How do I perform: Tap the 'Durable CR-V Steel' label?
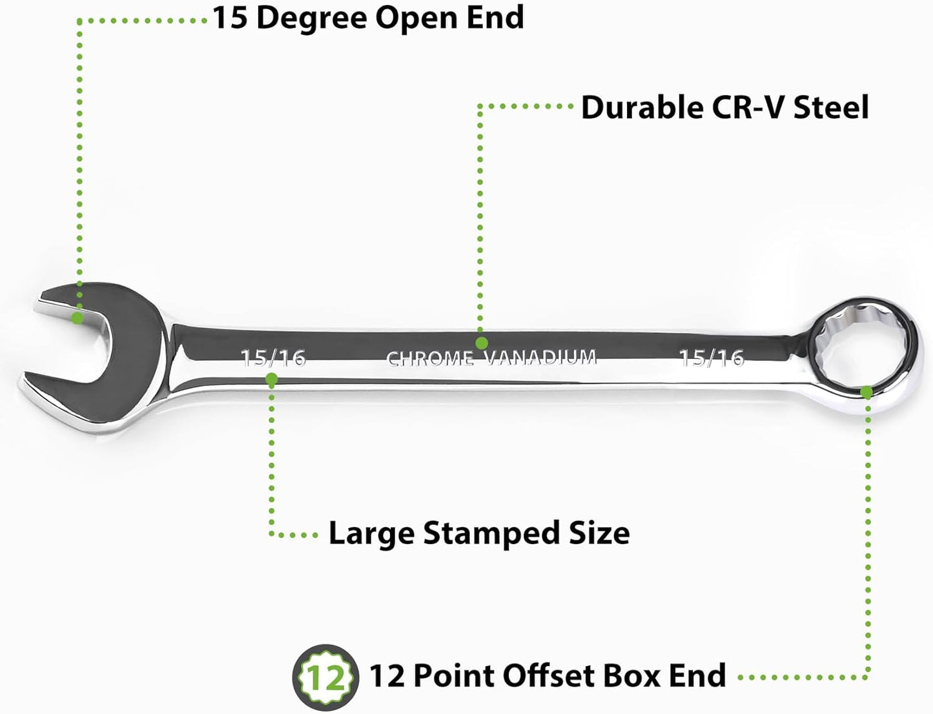tap(725, 108)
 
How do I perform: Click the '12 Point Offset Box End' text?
tap(548, 675)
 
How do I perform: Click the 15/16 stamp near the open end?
tap(273, 358)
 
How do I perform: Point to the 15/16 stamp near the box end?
tap(712, 358)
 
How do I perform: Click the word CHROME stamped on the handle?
tap(430, 359)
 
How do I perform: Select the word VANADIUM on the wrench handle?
tap(540, 358)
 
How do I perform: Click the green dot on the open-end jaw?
tap(77, 318)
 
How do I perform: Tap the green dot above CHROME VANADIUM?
tap(481, 343)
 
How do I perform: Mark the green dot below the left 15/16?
tap(272, 379)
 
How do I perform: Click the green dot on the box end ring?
tap(866, 393)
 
